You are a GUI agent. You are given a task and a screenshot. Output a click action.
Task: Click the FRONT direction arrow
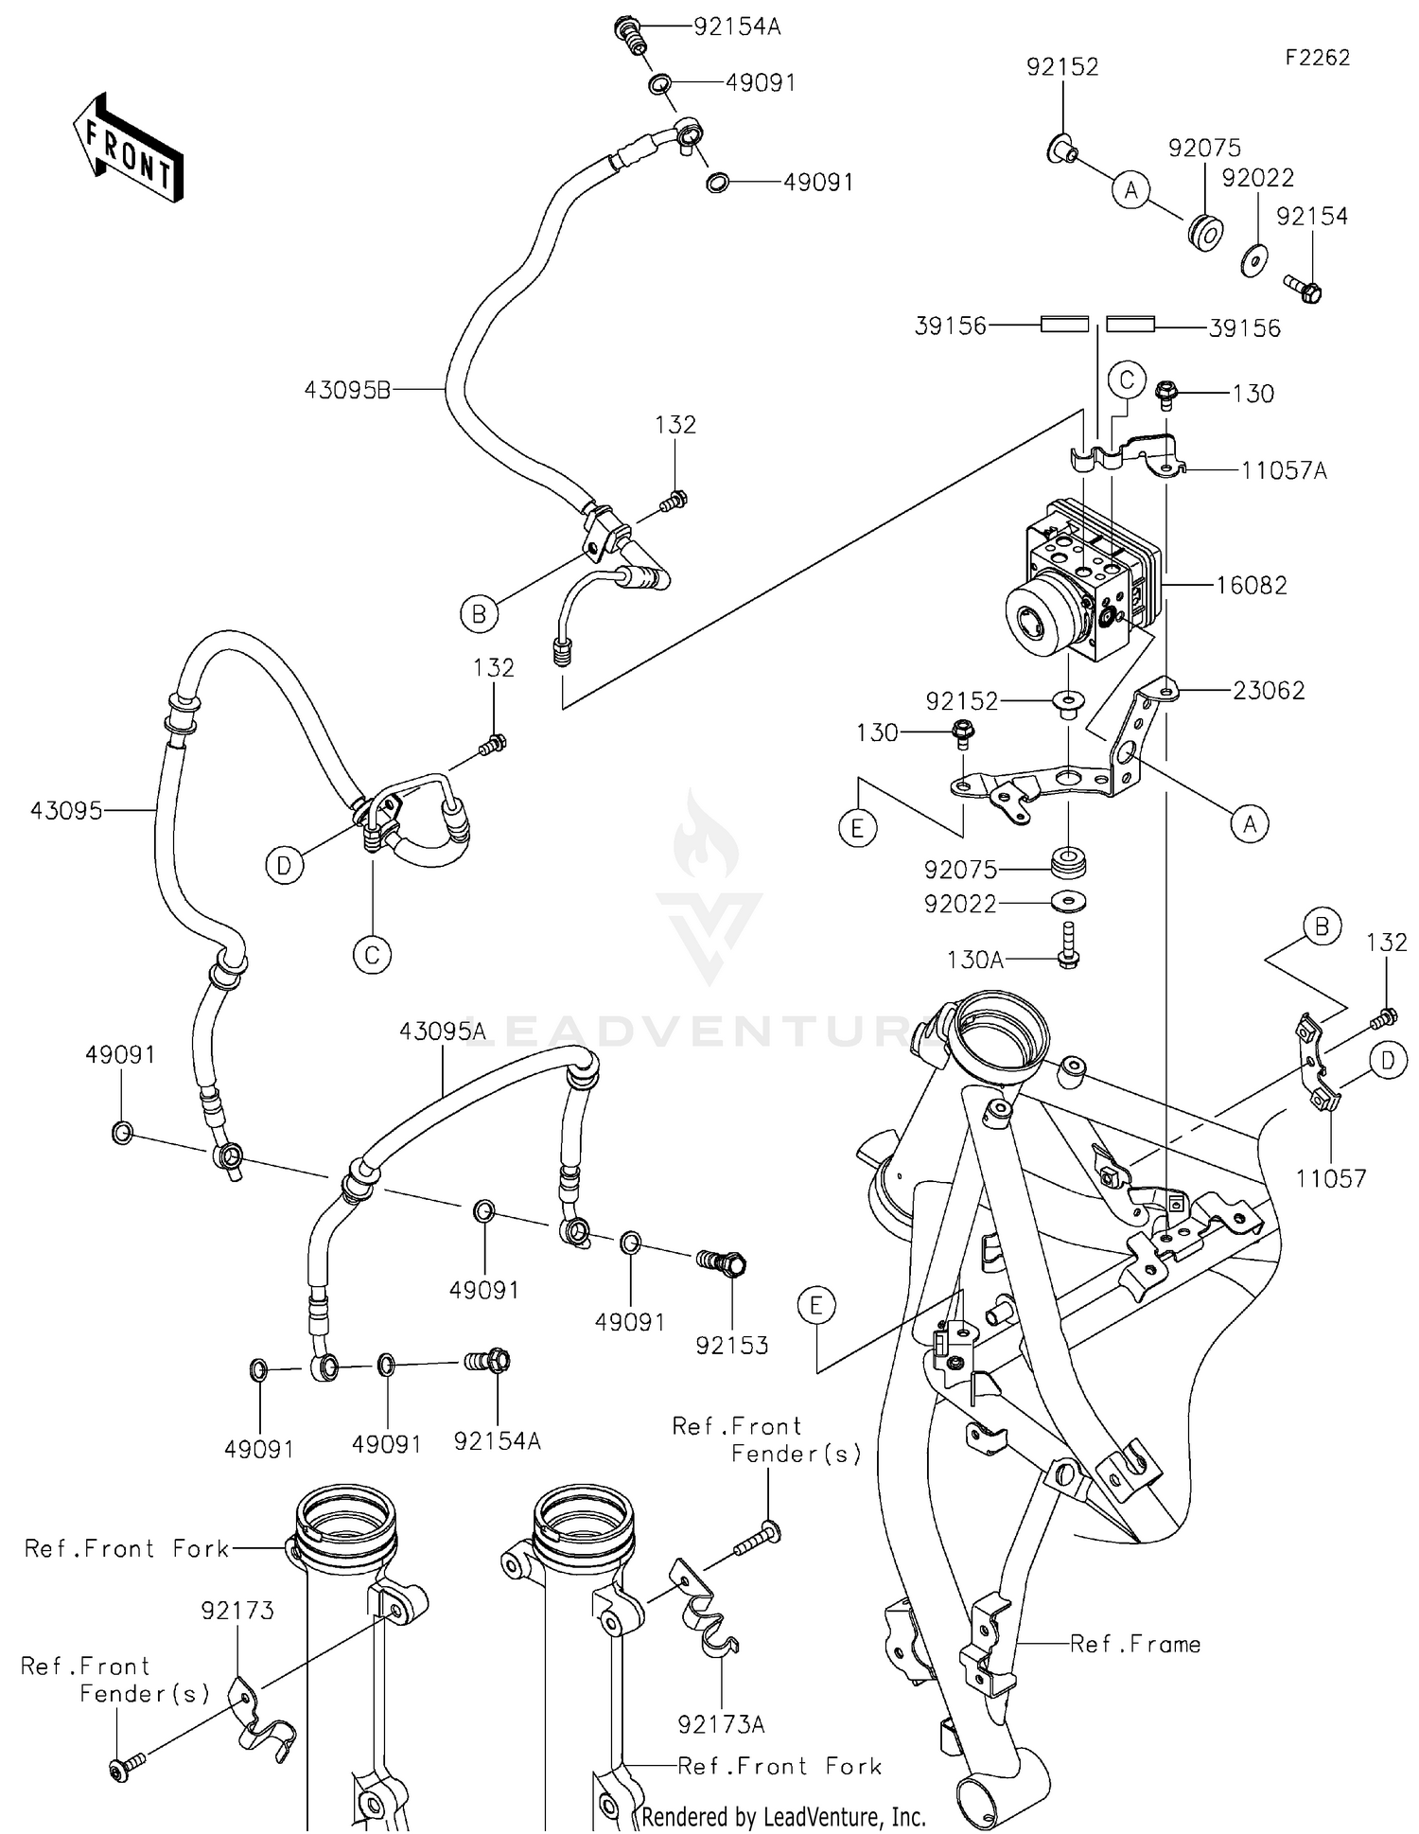click(127, 149)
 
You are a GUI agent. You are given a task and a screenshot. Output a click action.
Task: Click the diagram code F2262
click(1316, 58)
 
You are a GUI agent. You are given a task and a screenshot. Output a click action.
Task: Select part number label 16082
click(1251, 586)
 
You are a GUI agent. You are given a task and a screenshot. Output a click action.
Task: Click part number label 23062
click(1269, 691)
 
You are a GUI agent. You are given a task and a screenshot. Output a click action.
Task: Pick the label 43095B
click(347, 390)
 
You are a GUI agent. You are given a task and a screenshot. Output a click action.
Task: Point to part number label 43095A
click(442, 1032)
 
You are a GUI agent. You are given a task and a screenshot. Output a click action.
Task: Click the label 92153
click(731, 1345)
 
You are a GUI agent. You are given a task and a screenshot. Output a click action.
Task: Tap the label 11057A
click(1284, 470)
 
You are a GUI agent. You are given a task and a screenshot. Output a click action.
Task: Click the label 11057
click(1330, 1178)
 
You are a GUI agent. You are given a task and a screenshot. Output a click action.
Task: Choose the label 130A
click(974, 961)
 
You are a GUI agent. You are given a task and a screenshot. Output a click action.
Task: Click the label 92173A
click(721, 1725)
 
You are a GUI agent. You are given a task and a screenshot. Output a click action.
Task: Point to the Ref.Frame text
click(1135, 1645)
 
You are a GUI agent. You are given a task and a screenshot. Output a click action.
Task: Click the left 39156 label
click(950, 326)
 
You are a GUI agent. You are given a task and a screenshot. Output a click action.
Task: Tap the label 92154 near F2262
click(1311, 217)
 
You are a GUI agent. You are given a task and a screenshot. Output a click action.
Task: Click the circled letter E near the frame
click(816, 1307)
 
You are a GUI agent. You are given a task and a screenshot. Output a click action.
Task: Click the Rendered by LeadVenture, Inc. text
click(783, 1816)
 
